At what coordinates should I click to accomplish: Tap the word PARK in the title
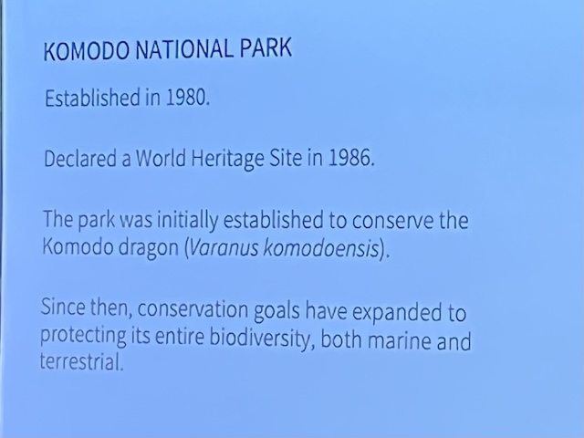tap(266, 47)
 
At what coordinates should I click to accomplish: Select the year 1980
tap(188, 98)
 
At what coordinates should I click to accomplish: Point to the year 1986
tap(351, 158)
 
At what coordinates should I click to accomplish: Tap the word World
tap(161, 158)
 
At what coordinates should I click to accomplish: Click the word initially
tap(187, 221)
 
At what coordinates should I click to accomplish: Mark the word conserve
tap(392, 221)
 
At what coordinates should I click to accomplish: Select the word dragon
tap(149, 248)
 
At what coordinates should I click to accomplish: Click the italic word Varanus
tap(224, 248)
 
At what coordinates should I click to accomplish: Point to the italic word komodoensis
tap(321, 248)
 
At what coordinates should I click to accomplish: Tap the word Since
tap(63, 308)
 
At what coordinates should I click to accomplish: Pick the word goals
tap(276, 311)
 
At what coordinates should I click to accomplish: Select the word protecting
tap(83, 336)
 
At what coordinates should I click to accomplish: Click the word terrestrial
tap(81, 361)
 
